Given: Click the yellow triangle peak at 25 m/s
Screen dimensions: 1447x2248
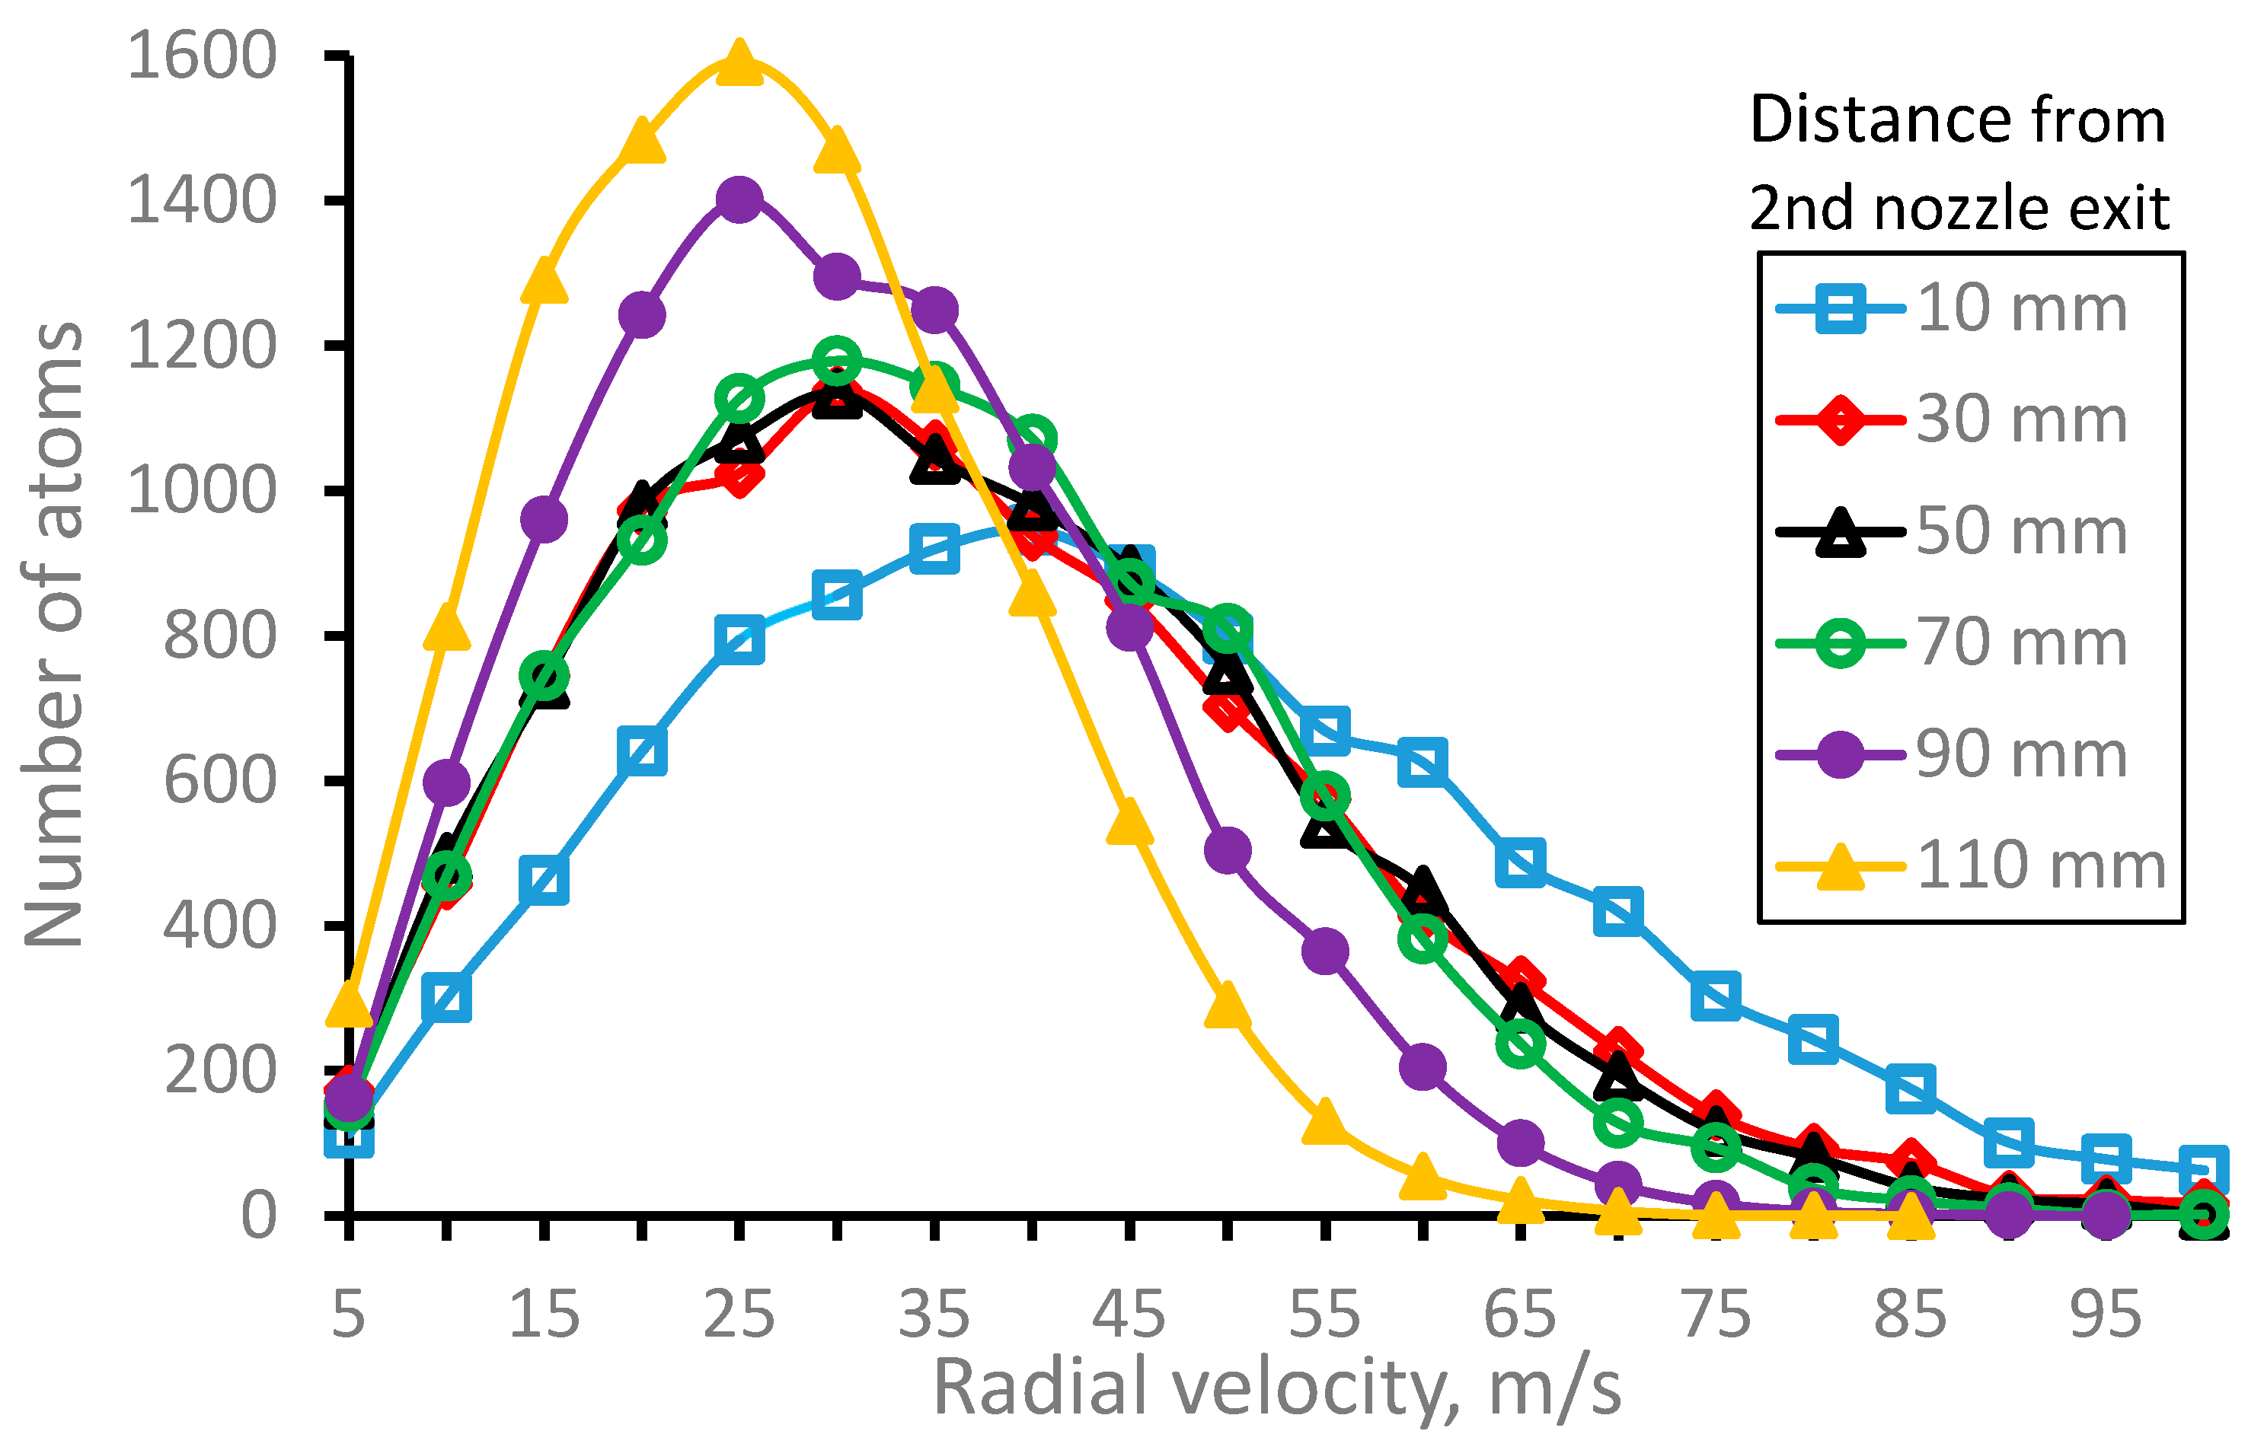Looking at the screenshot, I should [x=739, y=64].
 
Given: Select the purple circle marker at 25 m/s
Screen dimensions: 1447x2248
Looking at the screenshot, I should [x=739, y=199].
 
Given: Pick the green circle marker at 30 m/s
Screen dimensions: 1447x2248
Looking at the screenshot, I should [x=836, y=359].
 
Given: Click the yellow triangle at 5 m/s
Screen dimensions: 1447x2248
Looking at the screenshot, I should [x=349, y=1003].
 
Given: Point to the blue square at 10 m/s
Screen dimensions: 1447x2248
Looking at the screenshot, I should [x=446, y=998].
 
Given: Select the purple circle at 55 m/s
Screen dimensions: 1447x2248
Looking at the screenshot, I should [x=1325, y=951].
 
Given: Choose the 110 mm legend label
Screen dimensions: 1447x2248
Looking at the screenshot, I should [x=2040, y=865].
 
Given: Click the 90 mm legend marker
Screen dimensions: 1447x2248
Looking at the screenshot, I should [x=1839, y=754].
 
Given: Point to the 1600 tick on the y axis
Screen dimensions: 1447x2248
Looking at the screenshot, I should [x=202, y=56].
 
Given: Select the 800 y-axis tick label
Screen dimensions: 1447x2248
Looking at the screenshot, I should [x=220, y=636].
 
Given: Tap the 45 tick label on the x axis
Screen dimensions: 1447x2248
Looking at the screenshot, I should [x=1129, y=1315].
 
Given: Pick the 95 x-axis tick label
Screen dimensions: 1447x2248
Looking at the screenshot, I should [x=2105, y=1315].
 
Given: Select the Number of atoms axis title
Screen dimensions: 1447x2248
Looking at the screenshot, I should [x=53, y=635].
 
